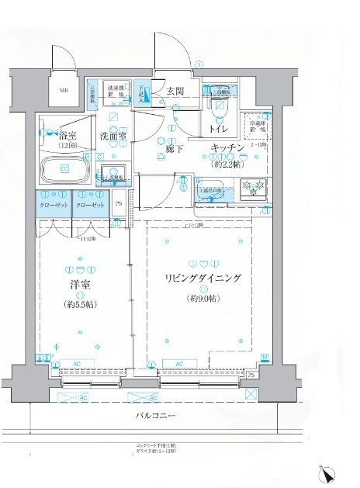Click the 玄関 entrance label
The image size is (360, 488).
[x=175, y=90]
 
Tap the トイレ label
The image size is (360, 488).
[x=217, y=130]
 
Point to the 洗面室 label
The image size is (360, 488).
[x=113, y=137]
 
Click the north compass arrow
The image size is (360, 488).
[x=329, y=472]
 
